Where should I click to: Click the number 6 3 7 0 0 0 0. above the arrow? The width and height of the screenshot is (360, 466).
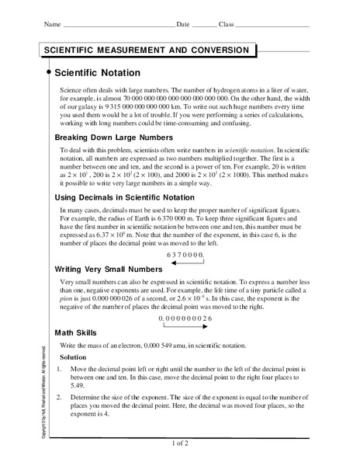coord(187,254)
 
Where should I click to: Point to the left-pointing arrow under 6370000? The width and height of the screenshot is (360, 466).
coord(187,263)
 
